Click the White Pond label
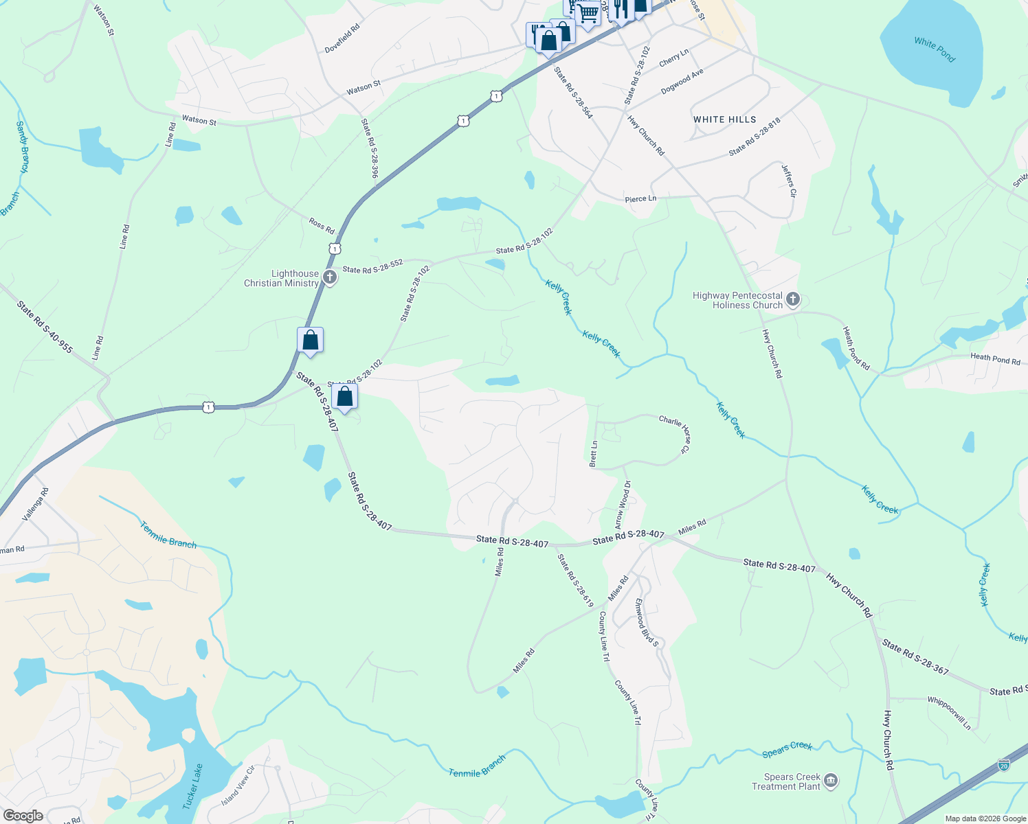(935, 50)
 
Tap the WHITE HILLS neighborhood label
(724, 119)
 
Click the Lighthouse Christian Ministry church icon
(330, 277)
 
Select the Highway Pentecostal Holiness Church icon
(793, 299)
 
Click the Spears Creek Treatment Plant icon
(830, 781)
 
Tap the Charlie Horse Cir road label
(674, 433)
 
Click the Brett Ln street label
(594, 454)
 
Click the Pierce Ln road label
(640, 199)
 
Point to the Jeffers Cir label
(789, 181)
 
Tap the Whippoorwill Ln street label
(949, 713)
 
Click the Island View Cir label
(238, 787)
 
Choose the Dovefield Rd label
(342, 39)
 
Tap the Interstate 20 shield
(1004, 764)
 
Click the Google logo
(23, 816)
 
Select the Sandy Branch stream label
(23, 147)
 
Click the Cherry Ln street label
(673, 58)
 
